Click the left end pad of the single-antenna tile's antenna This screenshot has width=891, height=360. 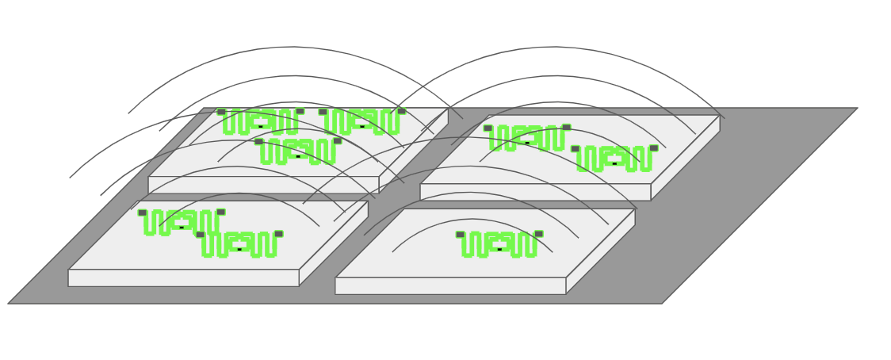(x=460, y=235)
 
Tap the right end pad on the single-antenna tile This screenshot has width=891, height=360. (x=539, y=234)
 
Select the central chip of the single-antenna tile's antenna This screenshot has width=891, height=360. (x=499, y=249)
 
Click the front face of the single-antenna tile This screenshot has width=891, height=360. (x=450, y=285)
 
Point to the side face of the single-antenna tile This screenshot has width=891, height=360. (x=601, y=251)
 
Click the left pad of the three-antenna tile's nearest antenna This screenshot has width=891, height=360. (x=258, y=141)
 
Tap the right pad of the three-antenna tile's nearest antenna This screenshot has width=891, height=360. (x=338, y=140)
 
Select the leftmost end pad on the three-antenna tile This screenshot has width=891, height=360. (x=221, y=112)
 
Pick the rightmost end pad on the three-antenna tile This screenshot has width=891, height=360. (x=402, y=111)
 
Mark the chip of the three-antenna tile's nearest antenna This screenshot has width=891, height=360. (x=298, y=156)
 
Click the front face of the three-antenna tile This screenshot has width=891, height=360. (x=263, y=185)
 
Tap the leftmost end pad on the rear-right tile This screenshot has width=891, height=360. (x=488, y=128)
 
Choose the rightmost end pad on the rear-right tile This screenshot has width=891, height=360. (x=654, y=147)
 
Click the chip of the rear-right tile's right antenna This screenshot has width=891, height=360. (x=614, y=163)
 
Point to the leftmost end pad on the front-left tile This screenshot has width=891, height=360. (x=142, y=213)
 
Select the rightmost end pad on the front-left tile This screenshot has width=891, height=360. (x=279, y=234)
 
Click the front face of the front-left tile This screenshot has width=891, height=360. (x=183, y=278)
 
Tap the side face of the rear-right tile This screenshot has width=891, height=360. (x=686, y=158)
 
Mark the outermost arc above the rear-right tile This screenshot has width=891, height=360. (x=555, y=48)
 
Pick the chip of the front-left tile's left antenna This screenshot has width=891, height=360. (x=182, y=228)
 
